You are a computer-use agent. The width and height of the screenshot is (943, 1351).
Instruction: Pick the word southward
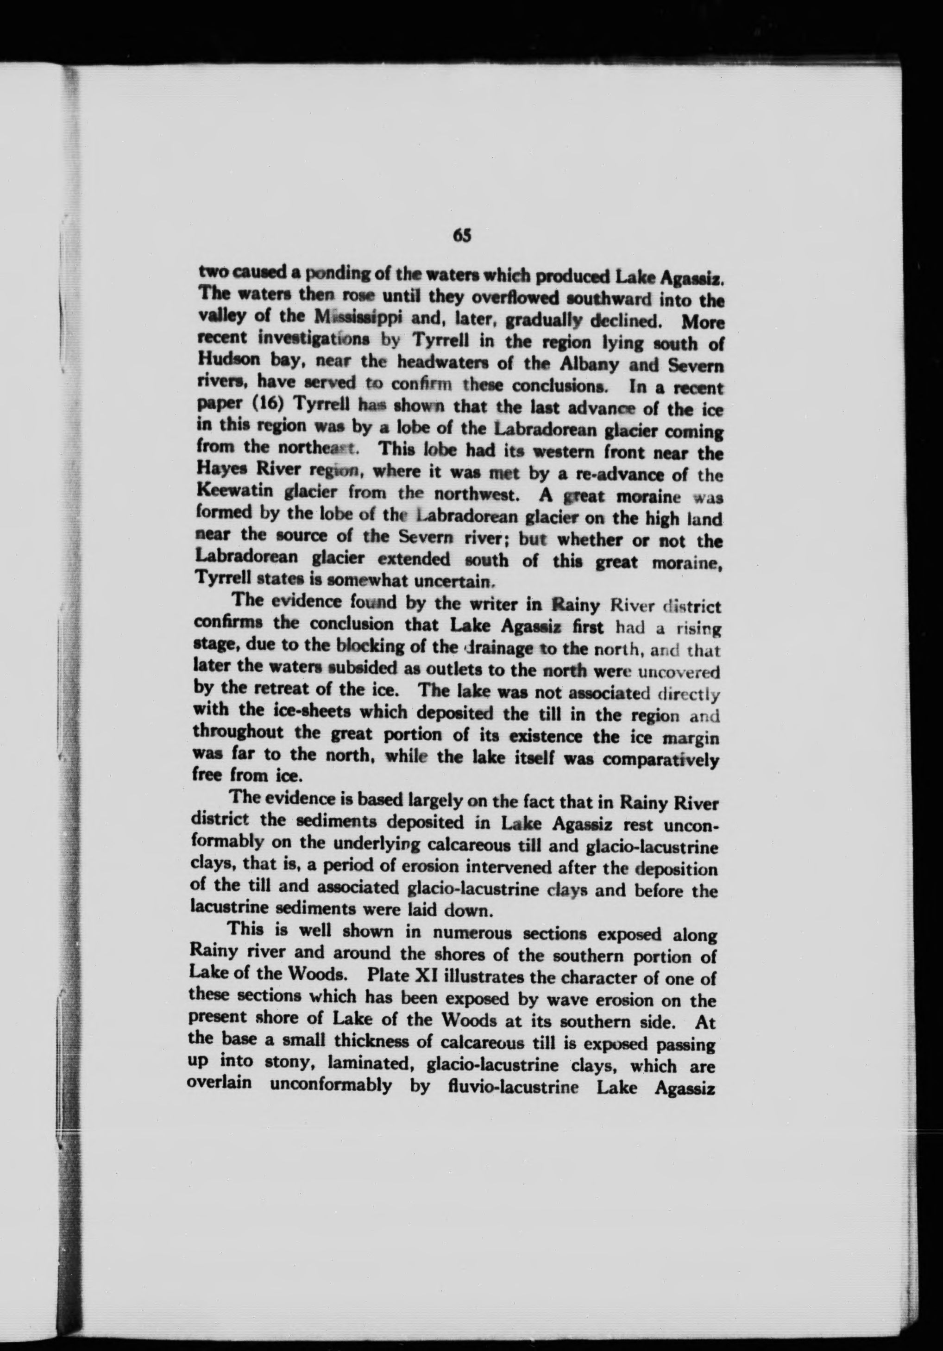click(x=600, y=300)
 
